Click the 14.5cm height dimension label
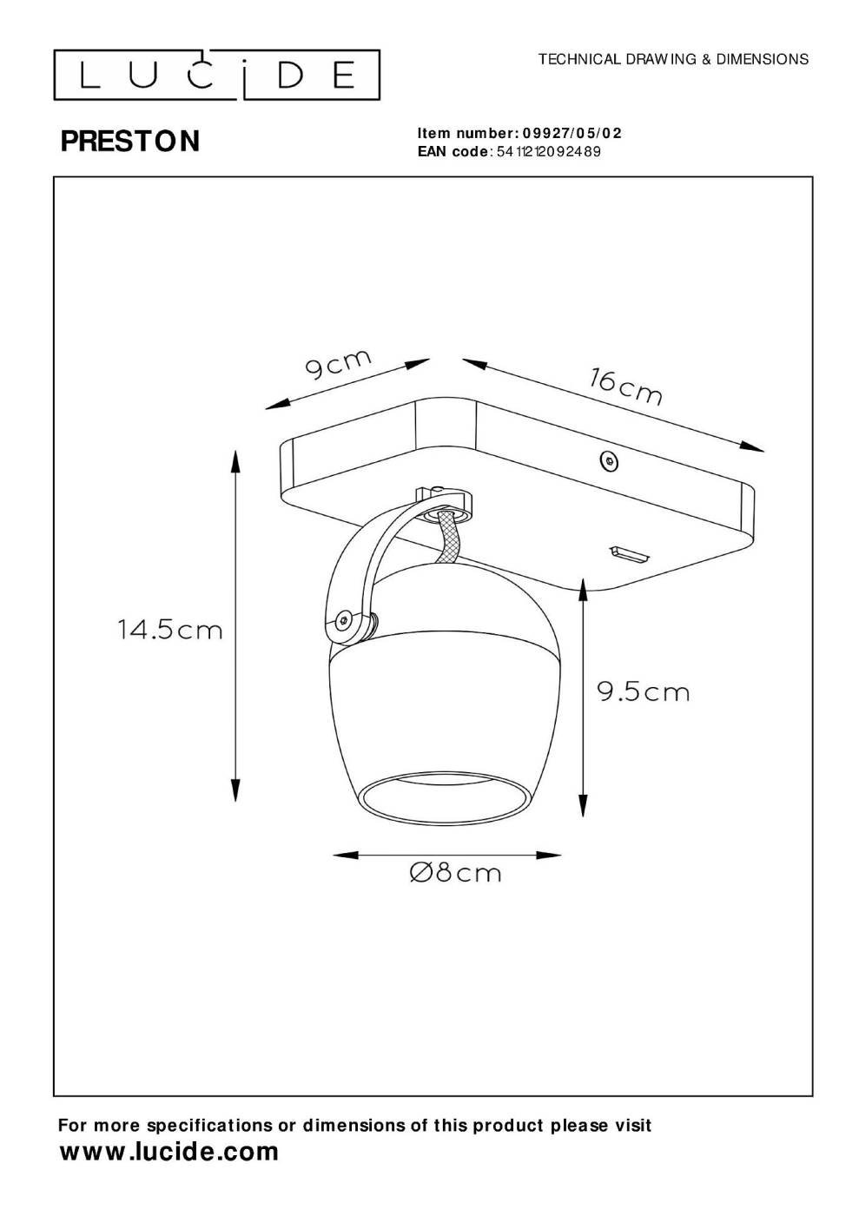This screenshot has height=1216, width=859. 170,631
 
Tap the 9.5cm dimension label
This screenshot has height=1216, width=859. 644,692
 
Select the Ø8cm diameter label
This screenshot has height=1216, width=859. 455,874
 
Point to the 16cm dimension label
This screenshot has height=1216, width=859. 626,387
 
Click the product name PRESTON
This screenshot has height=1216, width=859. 130,141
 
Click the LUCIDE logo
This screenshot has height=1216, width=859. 216,75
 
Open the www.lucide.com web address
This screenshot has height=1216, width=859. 168,1150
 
